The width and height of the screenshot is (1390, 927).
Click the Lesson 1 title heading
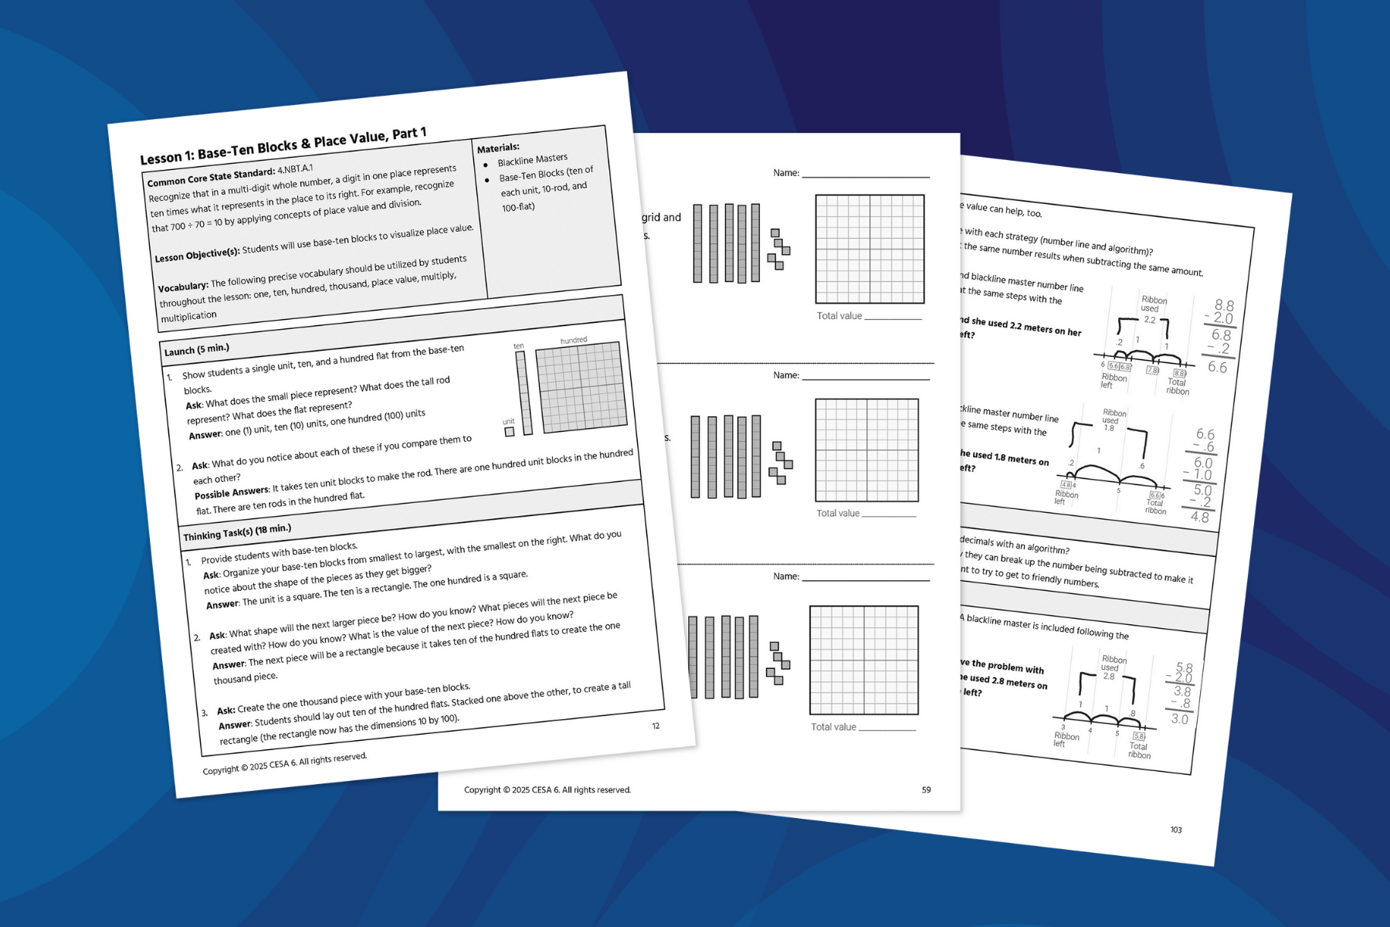point(283,145)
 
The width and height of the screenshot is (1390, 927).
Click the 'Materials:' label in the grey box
point(498,148)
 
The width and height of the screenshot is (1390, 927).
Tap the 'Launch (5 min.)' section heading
point(197,349)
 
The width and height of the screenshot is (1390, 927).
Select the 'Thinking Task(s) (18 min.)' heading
point(237,532)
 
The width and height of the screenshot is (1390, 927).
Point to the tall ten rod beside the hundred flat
point(524,393)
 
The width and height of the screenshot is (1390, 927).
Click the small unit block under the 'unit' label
point(510,432)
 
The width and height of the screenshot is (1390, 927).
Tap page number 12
point(656,725)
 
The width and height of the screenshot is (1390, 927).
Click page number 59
point(926,789)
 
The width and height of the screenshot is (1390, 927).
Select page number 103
point(1175,830)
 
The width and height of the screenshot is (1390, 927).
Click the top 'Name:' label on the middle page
point(786,173)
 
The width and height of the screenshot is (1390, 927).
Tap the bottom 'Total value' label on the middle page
point(833,727)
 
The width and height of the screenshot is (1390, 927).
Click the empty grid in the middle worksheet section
point(866,450)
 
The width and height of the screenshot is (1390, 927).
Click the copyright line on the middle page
point(547,789)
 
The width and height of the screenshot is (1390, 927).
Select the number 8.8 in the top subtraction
point(1224,305)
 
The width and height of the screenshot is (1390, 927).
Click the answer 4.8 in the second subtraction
point(1199,517)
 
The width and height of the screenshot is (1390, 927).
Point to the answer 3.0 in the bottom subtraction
point(1179,719)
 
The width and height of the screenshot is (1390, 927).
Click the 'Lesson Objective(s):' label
point(197,254)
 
